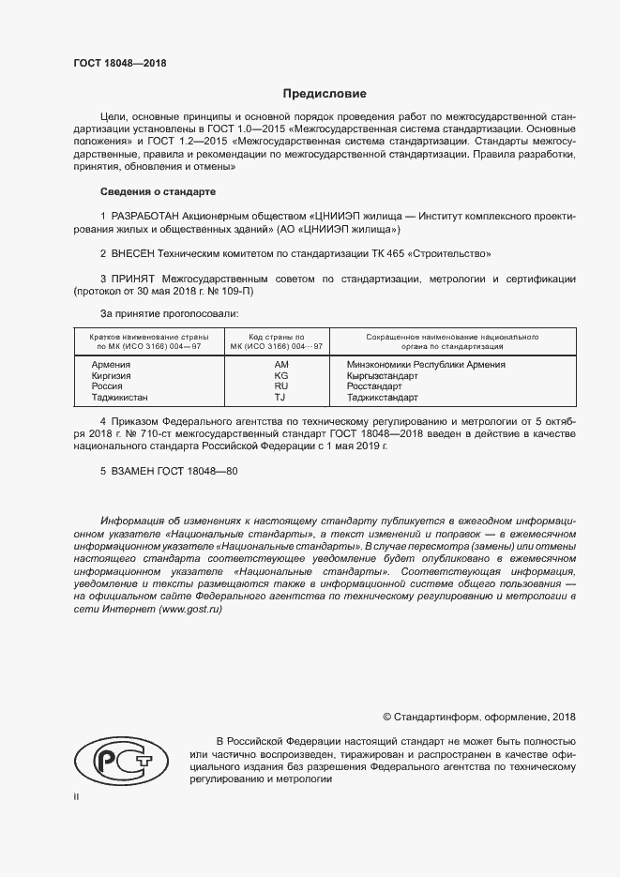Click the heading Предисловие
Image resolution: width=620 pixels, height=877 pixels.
325,94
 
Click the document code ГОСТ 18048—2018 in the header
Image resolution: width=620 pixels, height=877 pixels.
119,64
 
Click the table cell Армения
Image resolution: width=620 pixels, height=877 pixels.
111,364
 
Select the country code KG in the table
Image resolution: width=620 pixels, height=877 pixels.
280,375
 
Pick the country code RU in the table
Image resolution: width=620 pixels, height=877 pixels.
280,386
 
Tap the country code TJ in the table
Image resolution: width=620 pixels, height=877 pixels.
280,398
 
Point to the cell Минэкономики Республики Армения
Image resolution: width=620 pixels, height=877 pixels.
425,364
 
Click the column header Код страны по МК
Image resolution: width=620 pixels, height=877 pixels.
280,340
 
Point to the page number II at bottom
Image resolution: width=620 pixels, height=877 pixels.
76,796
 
